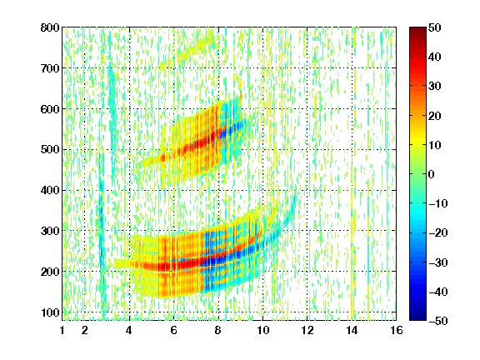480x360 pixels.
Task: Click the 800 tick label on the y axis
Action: (x=50, y=27)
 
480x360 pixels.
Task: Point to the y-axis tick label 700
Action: (x=50, y=68)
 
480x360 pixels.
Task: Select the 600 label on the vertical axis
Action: (x=50, y=109)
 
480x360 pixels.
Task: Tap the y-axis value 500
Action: (x=50, y=150)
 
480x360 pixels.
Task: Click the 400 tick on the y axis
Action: (x=50, y=190)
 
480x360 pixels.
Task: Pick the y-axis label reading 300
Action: (x=50, y=231)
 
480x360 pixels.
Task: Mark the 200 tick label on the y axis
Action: (x=50, y=272)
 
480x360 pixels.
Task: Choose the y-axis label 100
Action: (x=50, y=312)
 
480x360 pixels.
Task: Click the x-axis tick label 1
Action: (x=62, y=330)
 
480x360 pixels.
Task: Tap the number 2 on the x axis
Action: (x=85, y=330)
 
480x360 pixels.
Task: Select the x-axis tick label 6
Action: (x=174, y=330)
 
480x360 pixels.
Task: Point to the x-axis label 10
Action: (x=262, y=330)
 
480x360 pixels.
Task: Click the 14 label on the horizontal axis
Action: (x=352, y=330)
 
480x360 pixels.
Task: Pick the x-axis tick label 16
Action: (x=396, y=330)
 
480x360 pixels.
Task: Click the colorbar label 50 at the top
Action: (x=434, y=27)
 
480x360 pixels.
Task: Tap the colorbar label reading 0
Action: (x=432, y=174)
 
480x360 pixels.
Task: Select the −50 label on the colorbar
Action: (x=438, y=321)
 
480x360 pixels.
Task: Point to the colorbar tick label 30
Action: (x=434, y=87)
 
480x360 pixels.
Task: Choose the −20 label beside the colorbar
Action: (x=438, y=232)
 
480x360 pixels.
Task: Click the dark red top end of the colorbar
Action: (x=417, y=29)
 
